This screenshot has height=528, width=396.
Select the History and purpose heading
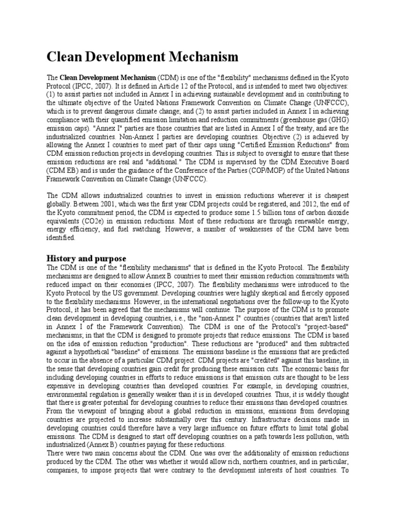(86, 258)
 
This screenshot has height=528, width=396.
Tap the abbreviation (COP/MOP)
(247, 171)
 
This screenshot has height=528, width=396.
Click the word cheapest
(334, 195)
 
